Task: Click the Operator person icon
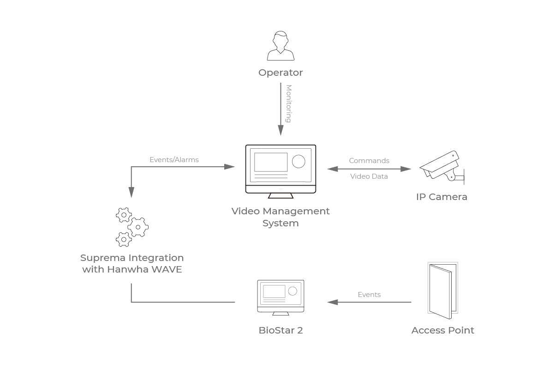point(280,46)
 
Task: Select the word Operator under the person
point(280,73)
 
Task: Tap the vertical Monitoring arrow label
point(289,103)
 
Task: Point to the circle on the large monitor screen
point(298,161)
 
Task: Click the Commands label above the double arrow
point(369,161)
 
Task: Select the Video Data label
point(369,176)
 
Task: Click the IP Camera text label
point(442,197)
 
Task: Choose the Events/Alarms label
point(174,160)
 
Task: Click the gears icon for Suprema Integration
point(131,227)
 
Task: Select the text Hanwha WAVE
point(145,269)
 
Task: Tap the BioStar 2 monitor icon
point(280,297)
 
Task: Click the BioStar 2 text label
point(280,330)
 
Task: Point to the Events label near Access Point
point(369,295)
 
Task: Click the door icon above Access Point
point(442,291)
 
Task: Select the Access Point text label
point(442,330)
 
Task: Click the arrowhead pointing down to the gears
point(131,193)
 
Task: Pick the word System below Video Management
point(280,223)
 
